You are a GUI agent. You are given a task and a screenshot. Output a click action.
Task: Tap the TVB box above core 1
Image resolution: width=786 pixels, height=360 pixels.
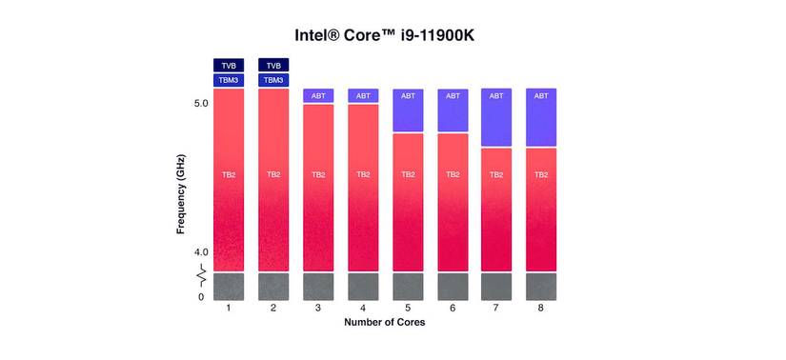point(229,66)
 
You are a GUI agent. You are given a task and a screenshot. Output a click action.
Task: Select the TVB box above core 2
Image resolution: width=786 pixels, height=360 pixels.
point(273,66)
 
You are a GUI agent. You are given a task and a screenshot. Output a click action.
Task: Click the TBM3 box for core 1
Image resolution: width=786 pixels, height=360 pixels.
point(229,81)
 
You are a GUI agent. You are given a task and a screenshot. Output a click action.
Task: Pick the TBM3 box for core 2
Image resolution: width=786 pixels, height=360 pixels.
point(273,81)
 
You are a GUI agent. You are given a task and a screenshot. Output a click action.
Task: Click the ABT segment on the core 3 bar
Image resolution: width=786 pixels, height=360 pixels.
point(318,95)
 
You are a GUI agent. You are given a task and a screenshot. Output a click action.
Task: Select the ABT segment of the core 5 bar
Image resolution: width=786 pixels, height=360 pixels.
point(408,110)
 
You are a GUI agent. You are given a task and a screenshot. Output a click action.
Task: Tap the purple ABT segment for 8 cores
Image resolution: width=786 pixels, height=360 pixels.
point(541,117)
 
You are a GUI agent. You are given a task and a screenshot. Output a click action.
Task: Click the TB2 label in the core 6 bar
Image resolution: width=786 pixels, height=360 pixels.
point(453,175)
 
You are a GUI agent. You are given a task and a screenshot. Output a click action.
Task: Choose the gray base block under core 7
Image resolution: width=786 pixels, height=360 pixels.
point(496,287)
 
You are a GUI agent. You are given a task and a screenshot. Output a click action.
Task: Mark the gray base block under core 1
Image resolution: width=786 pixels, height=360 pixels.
point(229,287)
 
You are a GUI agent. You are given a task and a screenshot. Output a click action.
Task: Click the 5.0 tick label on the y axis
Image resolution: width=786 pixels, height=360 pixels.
point(201,103)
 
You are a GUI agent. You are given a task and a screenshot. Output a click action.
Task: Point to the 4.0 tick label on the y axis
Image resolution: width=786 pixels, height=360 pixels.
point(201,252)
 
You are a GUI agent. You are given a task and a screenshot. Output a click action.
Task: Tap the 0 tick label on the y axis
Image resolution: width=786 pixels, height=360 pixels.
point(201,297)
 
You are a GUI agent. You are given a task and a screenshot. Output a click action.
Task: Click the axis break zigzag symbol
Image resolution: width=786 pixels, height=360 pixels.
point(202,277)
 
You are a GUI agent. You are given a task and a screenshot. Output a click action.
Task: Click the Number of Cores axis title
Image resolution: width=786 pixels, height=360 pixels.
point(385,323)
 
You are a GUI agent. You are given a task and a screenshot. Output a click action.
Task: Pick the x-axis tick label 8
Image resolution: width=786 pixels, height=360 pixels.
point(541,309)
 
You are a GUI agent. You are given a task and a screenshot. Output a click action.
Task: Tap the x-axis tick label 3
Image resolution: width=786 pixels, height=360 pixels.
point(318,309)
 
